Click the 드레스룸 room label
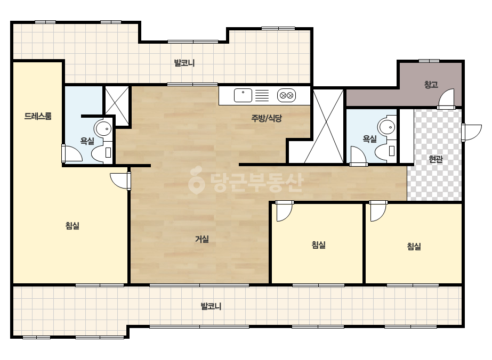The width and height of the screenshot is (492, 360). [x=38, y=116]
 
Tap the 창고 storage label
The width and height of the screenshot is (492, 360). [x=431, y=84]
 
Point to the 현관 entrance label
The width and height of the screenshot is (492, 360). [x=436, y=159]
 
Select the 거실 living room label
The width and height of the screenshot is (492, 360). [x=202, y=239]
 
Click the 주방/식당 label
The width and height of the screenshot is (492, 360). [x=267, y=118]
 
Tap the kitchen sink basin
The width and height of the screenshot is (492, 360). [x=243, y=95]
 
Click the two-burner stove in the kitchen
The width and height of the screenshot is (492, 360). [x=286, y=95]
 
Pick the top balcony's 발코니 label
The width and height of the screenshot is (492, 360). [x=184, y=63]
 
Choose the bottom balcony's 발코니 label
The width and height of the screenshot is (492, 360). [x=211, y=306]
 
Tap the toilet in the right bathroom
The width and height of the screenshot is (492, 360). [x=386, y=151]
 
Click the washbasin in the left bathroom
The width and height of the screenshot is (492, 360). [x=103, y=128]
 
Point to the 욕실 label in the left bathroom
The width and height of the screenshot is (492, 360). [x=87, y=141]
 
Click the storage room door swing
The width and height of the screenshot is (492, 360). [x=446, y=99]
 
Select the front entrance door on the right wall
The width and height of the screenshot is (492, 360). [x=471, y=132]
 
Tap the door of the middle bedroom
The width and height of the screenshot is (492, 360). [x=284, y=211]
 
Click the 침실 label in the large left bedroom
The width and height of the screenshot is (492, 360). [x=72, y=226]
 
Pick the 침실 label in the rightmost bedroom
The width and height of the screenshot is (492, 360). [x=414, y=247]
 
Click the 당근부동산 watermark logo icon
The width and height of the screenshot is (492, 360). [x=196, y=181]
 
